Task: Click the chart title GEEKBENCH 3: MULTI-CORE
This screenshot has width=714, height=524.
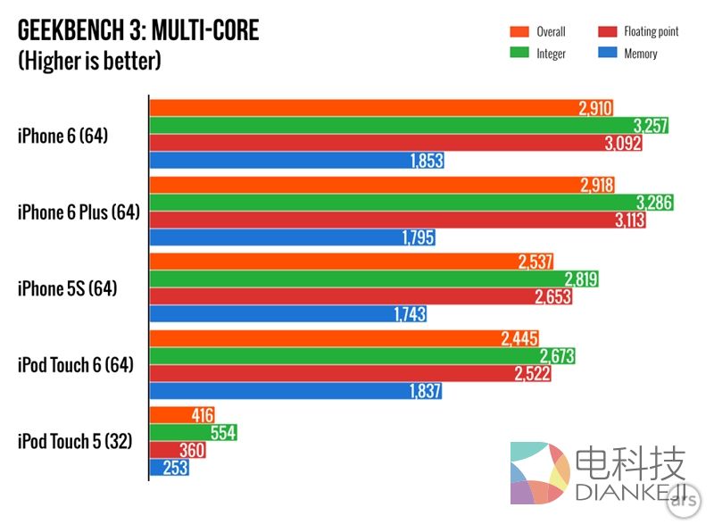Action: (138, 31)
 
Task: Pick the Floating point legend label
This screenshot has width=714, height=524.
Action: (651, 32)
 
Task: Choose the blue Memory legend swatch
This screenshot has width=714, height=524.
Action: (607, 54)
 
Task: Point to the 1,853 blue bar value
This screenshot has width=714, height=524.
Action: (426, 162)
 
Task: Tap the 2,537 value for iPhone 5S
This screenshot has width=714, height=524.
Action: (535, 262)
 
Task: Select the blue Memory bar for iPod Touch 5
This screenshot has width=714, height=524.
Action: (169, 468)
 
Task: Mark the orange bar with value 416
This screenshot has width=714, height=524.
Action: (182, 415)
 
